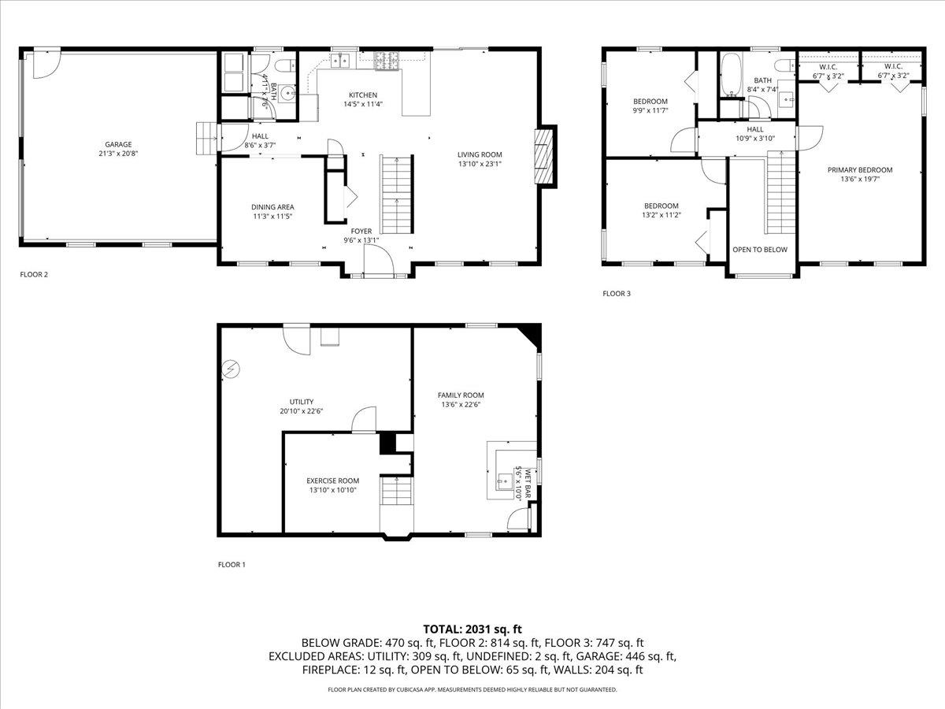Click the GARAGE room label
(x=118, y=144)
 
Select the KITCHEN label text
(x=358, y=95)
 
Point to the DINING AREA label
(x=272, y=207)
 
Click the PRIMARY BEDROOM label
(x=859, y=169)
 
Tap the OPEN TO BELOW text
(x=759, y=250)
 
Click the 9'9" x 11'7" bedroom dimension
(x=650, y=111)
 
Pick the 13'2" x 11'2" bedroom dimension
(x=661, y=215)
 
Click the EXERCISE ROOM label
(x=332, y=481)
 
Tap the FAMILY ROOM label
(x=461, y=395)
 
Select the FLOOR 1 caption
(x=232, y=565)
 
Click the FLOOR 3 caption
(x=617, y=294)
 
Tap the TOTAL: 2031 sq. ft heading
(x=472, y=629)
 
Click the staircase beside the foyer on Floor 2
(x=396, y=194)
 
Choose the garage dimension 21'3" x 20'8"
(x=118, y=154)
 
